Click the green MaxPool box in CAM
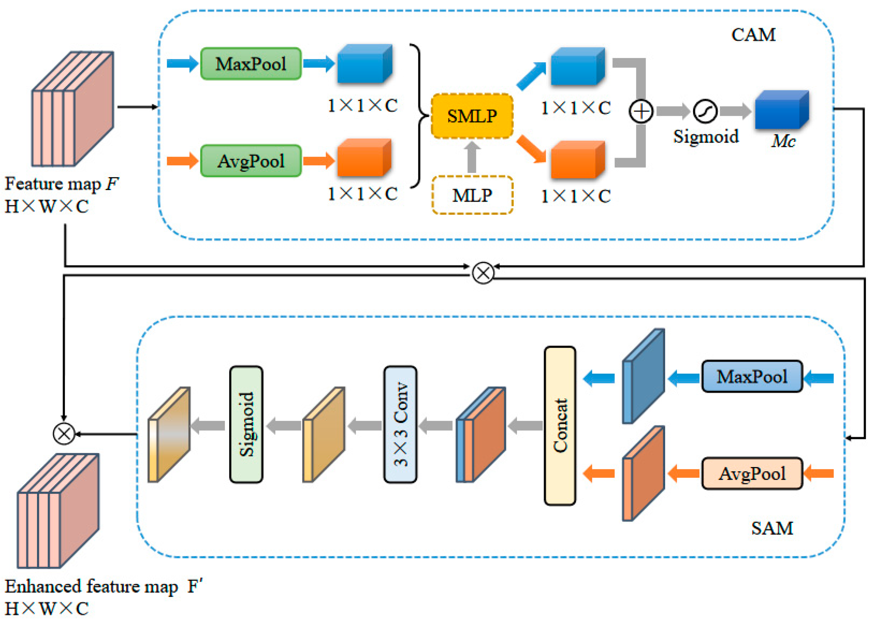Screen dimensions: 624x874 (x=250, y=64)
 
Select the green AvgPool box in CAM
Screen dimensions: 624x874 (x=250, y=161)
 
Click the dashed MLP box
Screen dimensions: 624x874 (x=472, y=195)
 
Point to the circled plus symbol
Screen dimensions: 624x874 (x=641, y=112)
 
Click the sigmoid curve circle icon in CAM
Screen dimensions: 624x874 (x=705, y=112)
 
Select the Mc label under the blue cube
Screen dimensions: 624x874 (x=783, y=141)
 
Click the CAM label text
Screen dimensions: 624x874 (x=753, y=35)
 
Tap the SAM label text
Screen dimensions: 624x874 (x=772, y=528)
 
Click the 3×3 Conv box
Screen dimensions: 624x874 (x=400, y=425)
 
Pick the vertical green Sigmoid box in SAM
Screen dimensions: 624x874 (x=246, y=425)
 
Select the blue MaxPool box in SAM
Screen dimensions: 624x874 (x=752, y=377)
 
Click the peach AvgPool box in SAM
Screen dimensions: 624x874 (x=752, y=474)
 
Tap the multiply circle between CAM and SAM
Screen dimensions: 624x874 (x=483, y=273)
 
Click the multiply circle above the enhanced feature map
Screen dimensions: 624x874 (x=64, y=434)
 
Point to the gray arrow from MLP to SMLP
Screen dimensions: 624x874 (x=472, y=158)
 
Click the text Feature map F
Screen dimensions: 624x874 (x=62, y=184)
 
